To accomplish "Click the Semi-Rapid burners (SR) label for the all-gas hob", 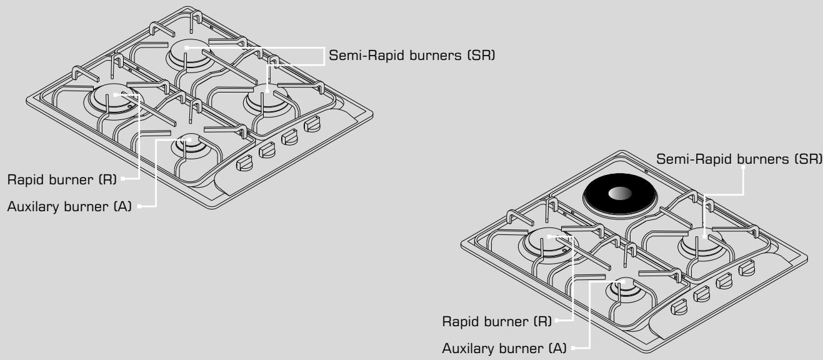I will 412,56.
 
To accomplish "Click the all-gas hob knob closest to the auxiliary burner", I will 244,164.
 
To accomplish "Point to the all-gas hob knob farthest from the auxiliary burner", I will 311,126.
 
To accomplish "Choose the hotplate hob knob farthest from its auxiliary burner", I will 746,269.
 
